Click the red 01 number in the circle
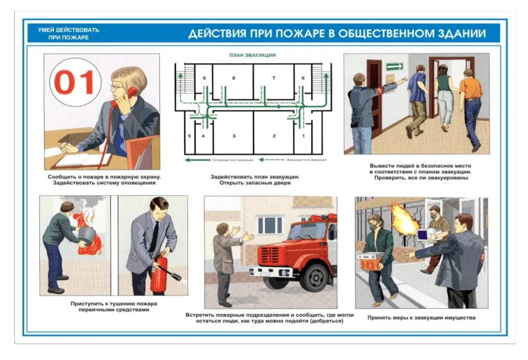tap(76, 83)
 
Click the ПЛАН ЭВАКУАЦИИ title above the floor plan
tap(252, 55)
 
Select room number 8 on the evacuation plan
tap(234, 78)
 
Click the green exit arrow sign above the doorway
tap(394, 66)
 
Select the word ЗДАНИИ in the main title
tap(461, 34)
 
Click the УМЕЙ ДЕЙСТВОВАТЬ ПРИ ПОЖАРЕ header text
tap(64, 34)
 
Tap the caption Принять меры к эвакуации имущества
tap(421, 317)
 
